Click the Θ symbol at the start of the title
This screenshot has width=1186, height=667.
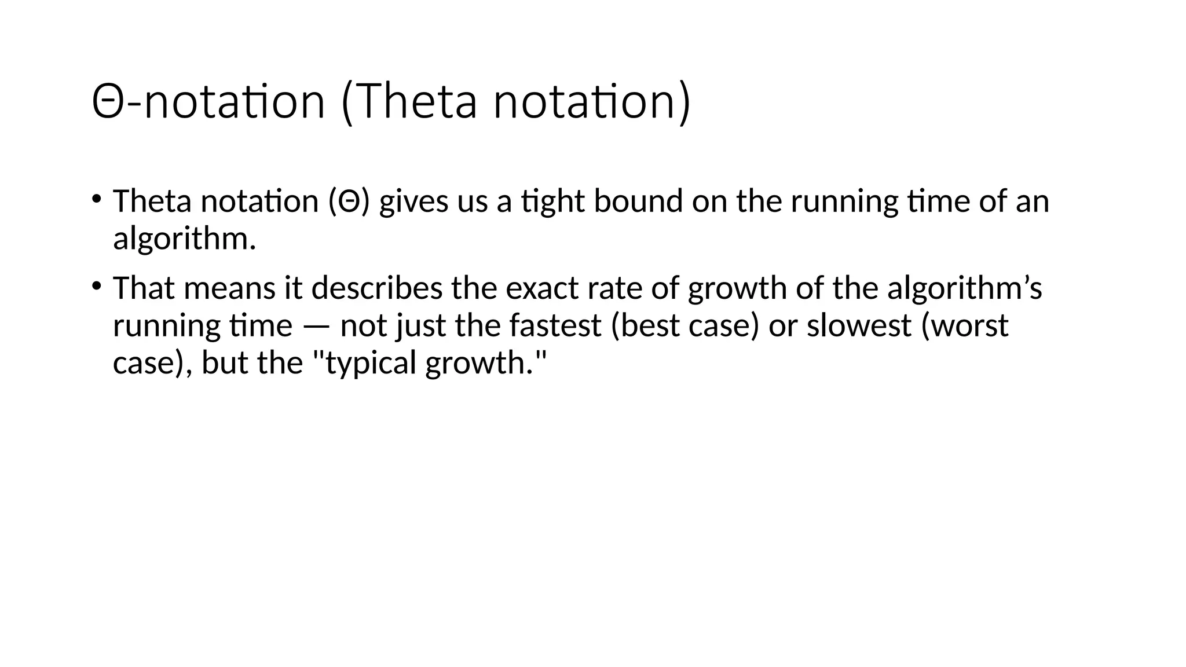[108, 102]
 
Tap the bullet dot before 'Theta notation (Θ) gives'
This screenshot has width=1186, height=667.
[96, 199]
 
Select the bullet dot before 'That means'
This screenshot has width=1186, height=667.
[96, 285]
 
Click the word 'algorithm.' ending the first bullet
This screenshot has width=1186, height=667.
[184, 239]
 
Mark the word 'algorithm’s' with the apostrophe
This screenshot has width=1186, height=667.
[964, 288]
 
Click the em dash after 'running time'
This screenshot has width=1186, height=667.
[316, 326]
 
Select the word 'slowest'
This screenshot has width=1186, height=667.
[859, 326]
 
